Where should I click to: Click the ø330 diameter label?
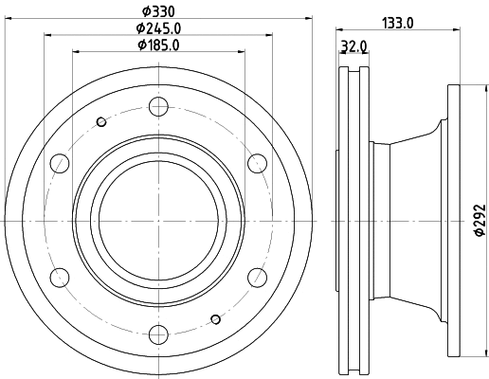point(156,10)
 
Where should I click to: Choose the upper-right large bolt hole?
point(256,163)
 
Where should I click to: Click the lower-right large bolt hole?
point(256,277)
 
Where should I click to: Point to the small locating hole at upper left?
point(101,120)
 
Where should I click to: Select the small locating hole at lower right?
point(216,318)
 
